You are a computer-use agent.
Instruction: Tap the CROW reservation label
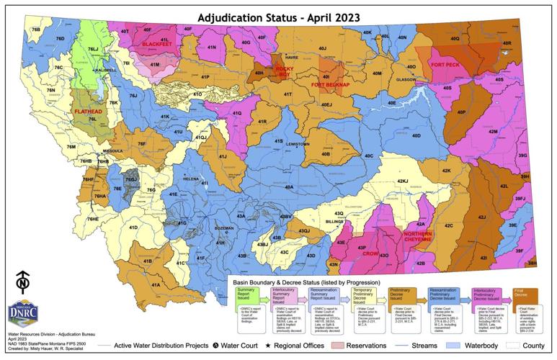(x=370, y=254)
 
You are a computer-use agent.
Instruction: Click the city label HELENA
(x=190, y=178)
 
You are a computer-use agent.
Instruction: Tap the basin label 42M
(x=493, y=132)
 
